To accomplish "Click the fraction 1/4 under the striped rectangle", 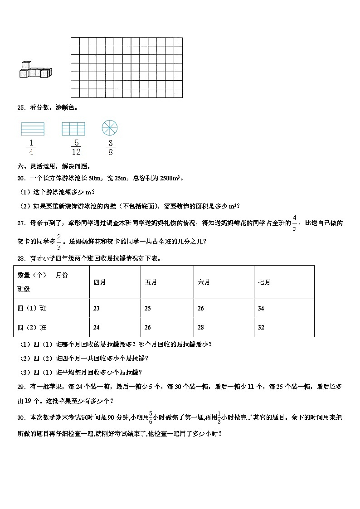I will (x=31, y=148).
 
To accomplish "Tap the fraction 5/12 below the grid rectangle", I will (x=77, y=148).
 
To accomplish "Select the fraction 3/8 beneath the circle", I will (x=110, y=148).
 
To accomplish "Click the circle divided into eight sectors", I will (x=110, y=128).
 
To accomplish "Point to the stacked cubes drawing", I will (x=36, y=69).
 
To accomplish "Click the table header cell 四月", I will (x=99, y=282).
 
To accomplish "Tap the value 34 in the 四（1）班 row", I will (x=261, y=309).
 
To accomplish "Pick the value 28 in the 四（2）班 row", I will (x=201, y=328).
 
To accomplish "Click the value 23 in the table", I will (x=96, y=309).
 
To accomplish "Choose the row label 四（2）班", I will (x=32, y=328).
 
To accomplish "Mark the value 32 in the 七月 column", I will (x=261, y=328).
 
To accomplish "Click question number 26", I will (x=20, y=178).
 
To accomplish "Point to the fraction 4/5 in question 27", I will (x=295, y=223).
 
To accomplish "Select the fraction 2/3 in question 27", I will (x=59, y=241).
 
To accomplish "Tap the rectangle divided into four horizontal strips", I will (x=33, y=129).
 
